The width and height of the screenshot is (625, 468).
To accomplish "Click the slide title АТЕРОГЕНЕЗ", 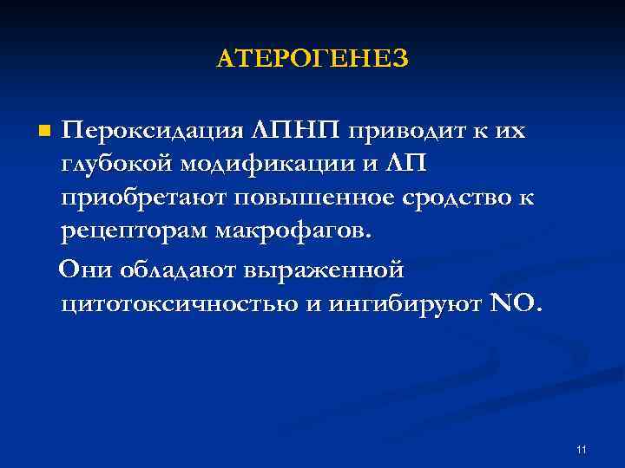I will click(x=312, y=59).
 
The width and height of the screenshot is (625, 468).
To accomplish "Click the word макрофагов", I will click(x=293, y=233).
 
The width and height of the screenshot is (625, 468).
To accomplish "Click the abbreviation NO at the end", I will click(x=513, y=304).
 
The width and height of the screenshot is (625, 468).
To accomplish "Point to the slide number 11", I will click(x=581, y=449).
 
